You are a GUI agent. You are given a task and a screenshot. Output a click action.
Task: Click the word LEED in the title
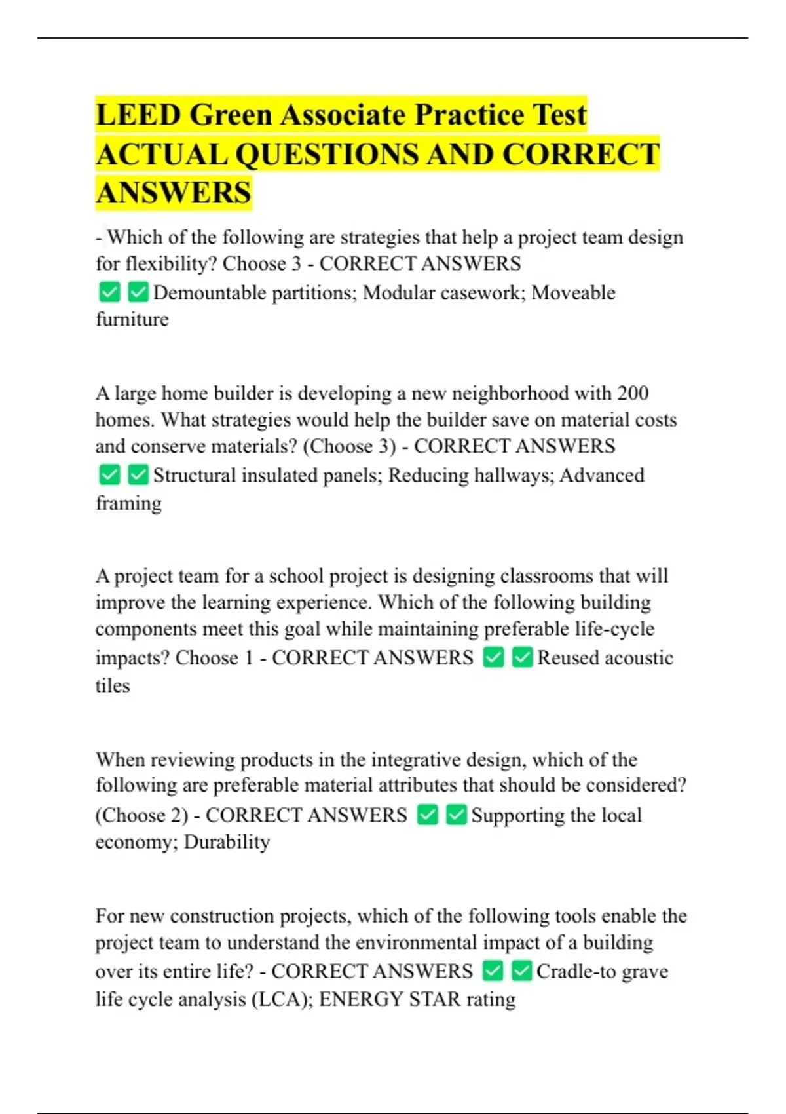coord(138,115)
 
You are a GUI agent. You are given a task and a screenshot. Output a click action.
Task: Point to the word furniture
coord(132,319)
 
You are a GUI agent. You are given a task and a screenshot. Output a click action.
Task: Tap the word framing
coord(128,503)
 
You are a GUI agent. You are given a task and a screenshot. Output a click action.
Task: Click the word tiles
coord(113,685)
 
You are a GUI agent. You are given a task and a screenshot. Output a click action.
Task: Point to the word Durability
coord(227,841)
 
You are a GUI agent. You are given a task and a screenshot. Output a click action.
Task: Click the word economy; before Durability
coord(136,841)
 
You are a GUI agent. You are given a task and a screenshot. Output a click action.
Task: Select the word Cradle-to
coord(576,971)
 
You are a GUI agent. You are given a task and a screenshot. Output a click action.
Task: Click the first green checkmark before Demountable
coord(109,292)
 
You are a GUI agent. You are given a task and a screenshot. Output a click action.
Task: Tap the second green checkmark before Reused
coord(522,657)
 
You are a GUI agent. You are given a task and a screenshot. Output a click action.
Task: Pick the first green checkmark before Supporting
coord(428,815)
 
